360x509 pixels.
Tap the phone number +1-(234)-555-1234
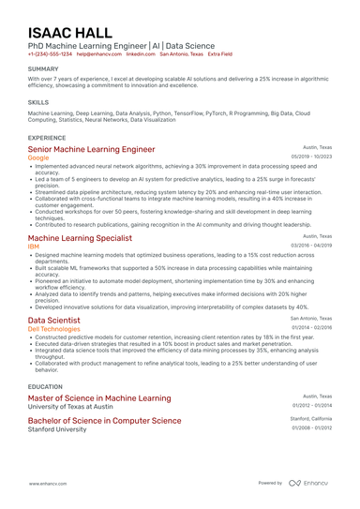point(50,54)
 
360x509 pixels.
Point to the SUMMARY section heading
point(43,69)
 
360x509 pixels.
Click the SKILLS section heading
point(38,101)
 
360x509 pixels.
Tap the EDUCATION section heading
point(45,386)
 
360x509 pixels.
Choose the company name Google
point(39,158)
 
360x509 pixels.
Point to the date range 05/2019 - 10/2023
point(311,157)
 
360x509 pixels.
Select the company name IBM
point(34,247)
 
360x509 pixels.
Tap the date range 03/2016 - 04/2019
point(311,246)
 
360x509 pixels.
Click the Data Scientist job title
point(53,320)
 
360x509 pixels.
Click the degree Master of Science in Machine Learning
point(99,398)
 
